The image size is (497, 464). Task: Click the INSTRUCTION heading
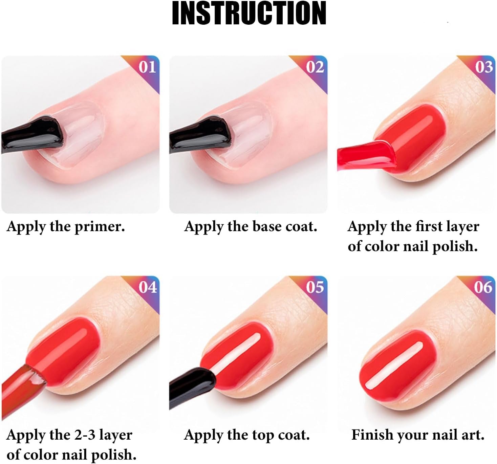click(249, 14)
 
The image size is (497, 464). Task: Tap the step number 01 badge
click(147, 67)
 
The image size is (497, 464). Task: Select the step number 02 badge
click(315, 67)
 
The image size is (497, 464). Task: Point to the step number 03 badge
click(483, 67)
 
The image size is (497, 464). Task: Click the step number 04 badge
click(148, 287)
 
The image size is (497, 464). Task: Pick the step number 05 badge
click(315, 287)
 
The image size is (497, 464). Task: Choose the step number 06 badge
click(483, 287)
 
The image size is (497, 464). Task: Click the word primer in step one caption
click(100, 227)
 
